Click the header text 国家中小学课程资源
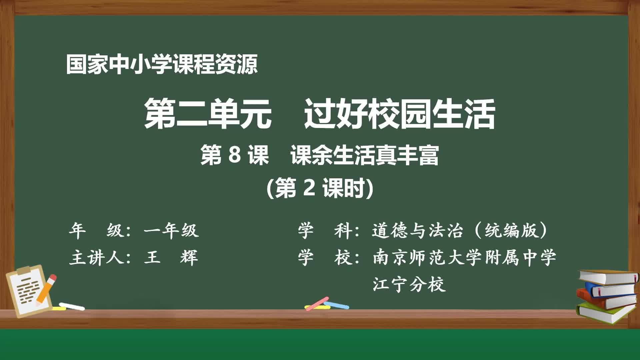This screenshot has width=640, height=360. tap(162, 64)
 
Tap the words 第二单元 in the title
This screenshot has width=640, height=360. tap(208, 113)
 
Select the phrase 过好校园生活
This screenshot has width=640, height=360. tap(400, 113)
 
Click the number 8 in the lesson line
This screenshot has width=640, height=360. tap(235, 155)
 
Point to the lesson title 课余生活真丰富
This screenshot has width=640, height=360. tap(365, 155)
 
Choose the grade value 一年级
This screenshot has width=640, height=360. tap(171, 230)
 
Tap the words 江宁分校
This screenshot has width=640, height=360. tap(409, 284)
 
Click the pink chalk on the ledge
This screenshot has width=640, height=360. tap(317, 303)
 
